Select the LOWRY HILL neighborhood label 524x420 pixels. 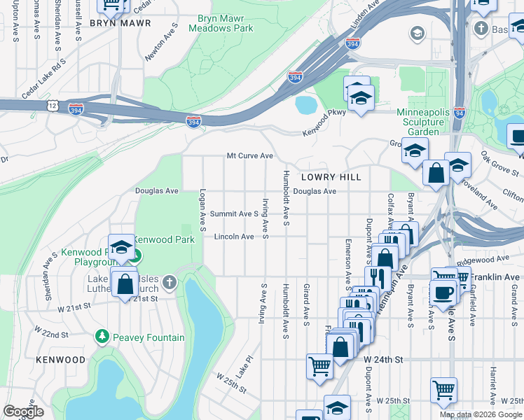(331, 177)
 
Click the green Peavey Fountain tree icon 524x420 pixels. (102, 337)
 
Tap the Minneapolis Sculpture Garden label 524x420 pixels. (427, 122)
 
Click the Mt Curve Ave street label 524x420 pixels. (249, 155)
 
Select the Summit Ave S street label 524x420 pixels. (235, 213)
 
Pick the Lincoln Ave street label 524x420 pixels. (233, 237)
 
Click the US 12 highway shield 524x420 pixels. (53, 105)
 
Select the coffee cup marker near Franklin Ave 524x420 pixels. (443, 291)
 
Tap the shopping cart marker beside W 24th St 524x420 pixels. (320, 365)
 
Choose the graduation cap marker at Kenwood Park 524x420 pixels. (121, 246)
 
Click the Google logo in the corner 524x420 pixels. (23, 412)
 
